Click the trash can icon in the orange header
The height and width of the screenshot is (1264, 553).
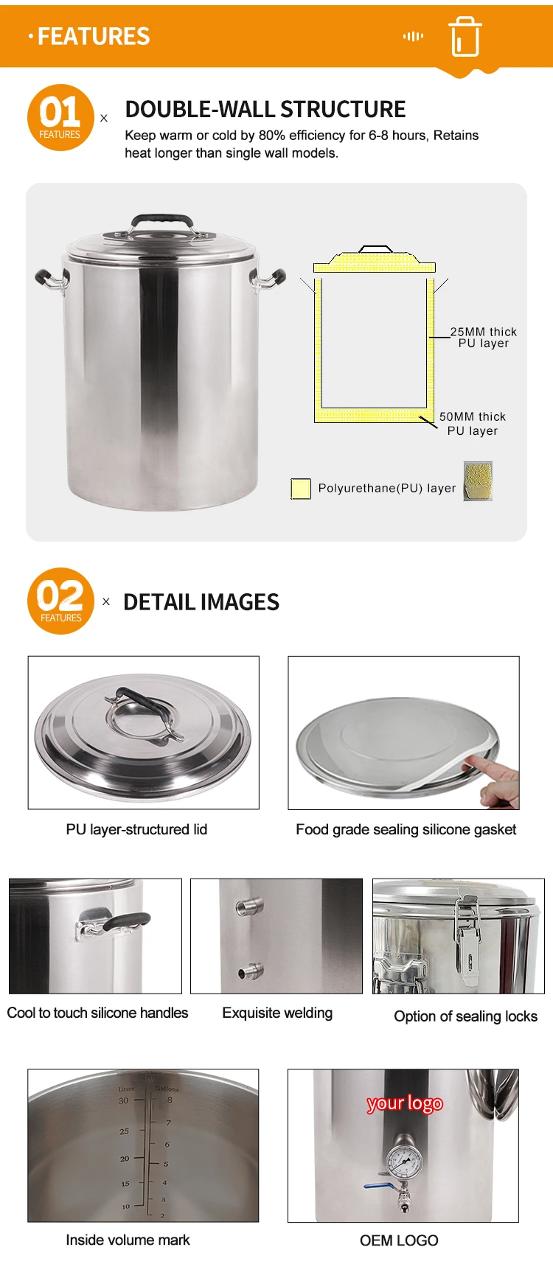point(465,36)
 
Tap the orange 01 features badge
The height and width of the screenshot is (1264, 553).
point(60,118)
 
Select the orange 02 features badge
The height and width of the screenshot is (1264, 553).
point(60,601)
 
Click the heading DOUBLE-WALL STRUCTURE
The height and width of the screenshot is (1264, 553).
point(265,110)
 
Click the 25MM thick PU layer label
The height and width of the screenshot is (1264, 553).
point(484,338)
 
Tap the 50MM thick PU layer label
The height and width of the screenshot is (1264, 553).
point(473,424)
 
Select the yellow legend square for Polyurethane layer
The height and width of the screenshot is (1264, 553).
point(301,489)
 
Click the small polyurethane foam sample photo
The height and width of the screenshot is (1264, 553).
point(478,481)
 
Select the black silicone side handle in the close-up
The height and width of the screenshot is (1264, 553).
point(125,921)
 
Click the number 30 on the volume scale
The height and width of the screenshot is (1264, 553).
point(123,1100)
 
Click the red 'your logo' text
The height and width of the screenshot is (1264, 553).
point(405,1103)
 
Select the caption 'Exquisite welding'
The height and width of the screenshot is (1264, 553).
point(277,1013)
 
